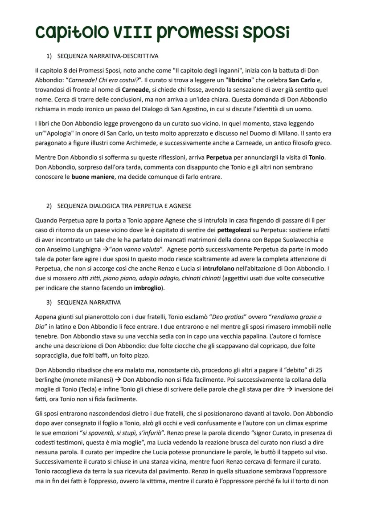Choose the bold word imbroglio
click(x=148, y=288)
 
